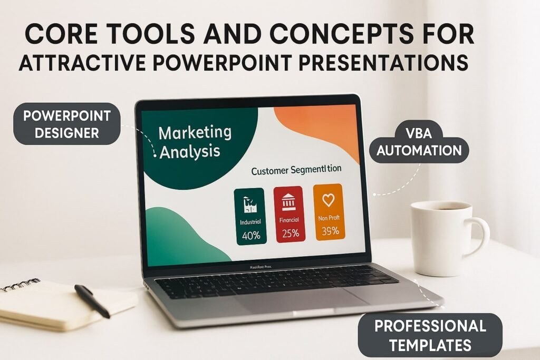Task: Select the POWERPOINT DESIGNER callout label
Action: click(x=67, y=124)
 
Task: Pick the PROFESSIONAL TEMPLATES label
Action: click(x=430, y=335)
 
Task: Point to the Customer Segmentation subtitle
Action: click(x=296, y=171)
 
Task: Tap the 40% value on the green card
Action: click(x=251, y=236)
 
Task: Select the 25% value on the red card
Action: click(x=290, y=233)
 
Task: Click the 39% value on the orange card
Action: click(x=330, y=231)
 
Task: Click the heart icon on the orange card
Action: click(x=329, y=200)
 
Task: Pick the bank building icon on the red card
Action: click(x=289, y=202)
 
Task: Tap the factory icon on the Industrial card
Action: click(x=250, y=204)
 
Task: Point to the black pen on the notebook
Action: click(x=92, y=300)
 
